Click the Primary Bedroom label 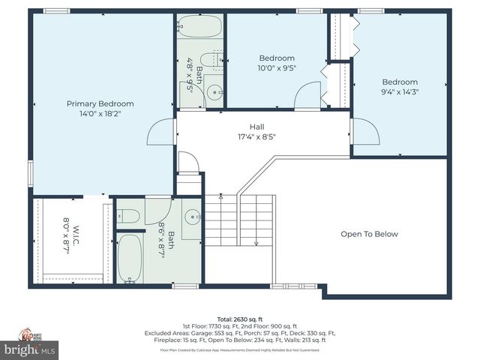tap(100, 103)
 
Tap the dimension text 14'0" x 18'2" tap(100, 115)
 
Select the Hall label tap(257, 127)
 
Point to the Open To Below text tap(369, 234)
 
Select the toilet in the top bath tap(215, 59)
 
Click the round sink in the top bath tap(214, 93)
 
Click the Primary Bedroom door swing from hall tap(161, 133)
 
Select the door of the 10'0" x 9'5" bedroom tap(308, 95)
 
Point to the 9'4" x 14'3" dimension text tap(399, 92)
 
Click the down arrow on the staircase tap(256, 241)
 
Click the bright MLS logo tap(30, 349)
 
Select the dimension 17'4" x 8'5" tap(257, 137)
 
